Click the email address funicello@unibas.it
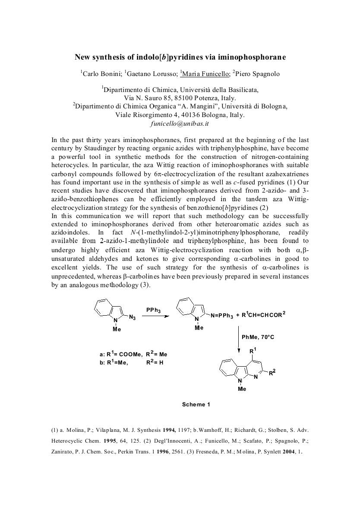pos(180,124)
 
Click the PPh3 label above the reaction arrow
pos(154,310)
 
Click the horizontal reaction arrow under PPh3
pos(155,317)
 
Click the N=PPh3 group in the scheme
pos(222,316)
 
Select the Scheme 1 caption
pos(196,404)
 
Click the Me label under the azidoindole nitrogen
pos(117,329)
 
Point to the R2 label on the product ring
pos(272,373)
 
